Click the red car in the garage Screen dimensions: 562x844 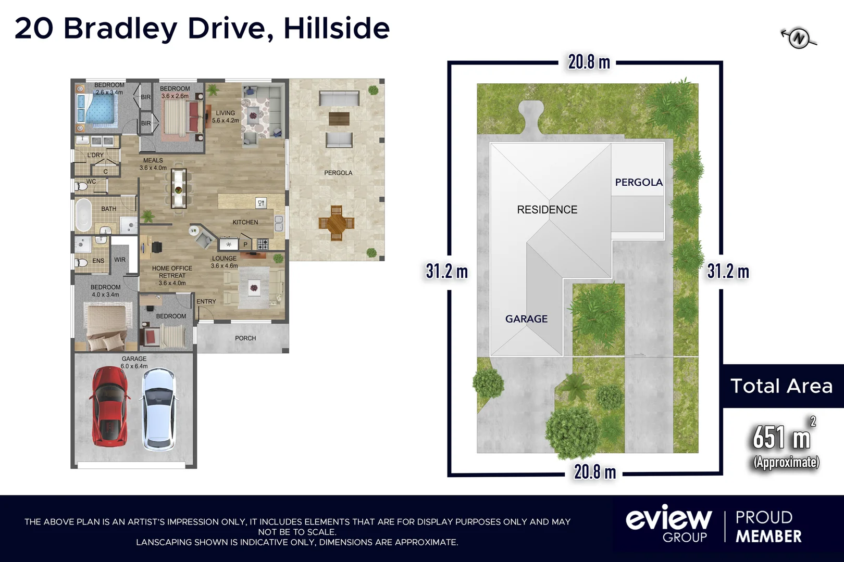(x=110, y=406)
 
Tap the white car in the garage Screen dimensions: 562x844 (x=158, y=409)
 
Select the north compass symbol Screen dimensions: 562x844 (x=799, y=38)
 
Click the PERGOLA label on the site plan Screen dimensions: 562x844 (x=639, y=182)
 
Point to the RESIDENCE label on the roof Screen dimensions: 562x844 (x=547, y=210)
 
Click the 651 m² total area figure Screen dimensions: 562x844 (x=781, y=437)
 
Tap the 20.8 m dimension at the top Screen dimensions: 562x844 (x=589, y=62)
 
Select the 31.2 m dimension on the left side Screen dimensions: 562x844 (x=446, y=271)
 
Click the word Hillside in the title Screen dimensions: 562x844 (x=337, y=28)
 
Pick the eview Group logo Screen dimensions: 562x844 (x=668, y=523)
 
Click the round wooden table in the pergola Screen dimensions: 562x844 (x=337, y=223)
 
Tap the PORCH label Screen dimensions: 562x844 (x=245, y=338)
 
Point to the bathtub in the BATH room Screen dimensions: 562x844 (x=82, y=214)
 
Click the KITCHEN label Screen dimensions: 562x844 (x=245, y=222)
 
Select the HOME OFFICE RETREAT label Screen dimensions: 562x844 (x=172, y=275)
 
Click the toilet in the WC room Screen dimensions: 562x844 (x=81, y=186)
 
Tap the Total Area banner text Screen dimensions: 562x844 (x=781, y=386)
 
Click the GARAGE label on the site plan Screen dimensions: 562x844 (x=526, y=318)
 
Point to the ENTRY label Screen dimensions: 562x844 (x=206, y=301)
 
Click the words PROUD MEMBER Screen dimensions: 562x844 (x=768, y=527)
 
